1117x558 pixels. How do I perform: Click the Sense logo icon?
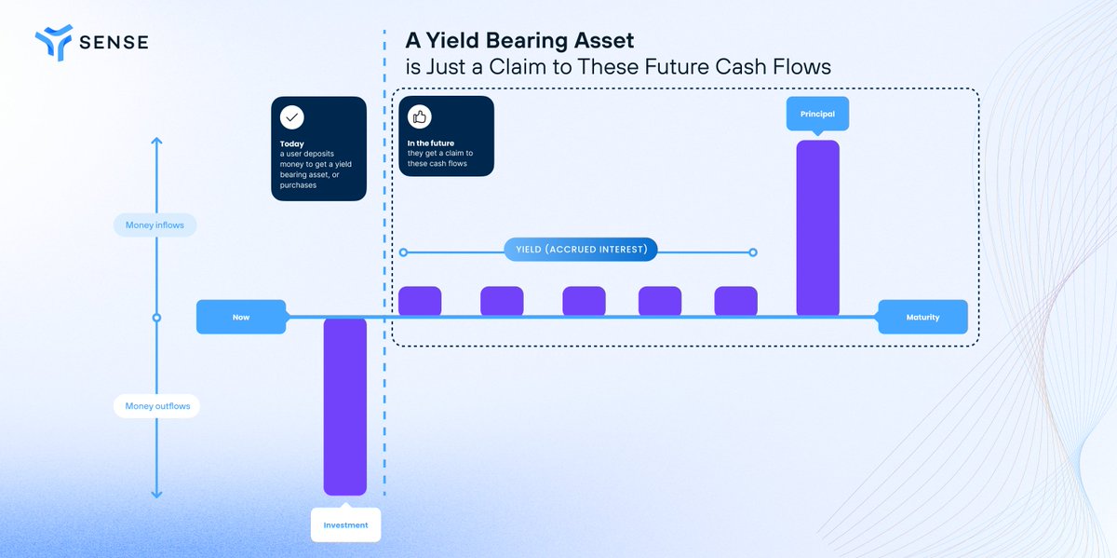pos(53,41)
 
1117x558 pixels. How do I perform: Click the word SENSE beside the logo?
pos(114,42)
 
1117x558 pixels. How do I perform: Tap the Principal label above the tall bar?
pos(817,114)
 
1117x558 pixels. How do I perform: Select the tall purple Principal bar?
pos(817,228)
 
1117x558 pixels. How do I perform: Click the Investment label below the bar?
pos(345,525)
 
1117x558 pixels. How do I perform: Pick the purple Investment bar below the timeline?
pos(345,406)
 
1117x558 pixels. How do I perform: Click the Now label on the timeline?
pos(241,318)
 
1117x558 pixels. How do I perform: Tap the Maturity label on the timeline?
pos(922,318)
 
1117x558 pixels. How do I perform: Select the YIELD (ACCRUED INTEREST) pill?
pos(581,250)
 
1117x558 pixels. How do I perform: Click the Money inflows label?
pos(155,225)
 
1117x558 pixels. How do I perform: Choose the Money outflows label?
pos(156,406)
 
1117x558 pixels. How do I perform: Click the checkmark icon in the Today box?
pos(292,118)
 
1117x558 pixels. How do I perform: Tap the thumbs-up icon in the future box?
pos(420,118)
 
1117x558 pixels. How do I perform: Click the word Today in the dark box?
pos(291,144)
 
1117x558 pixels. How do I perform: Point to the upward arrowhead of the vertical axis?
pos(156,141)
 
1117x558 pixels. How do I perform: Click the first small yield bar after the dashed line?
pos(420,301)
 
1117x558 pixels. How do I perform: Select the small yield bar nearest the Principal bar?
pos(735,301)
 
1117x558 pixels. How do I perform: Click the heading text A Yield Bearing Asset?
pos(519,41)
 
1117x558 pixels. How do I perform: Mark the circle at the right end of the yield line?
pos(753,252)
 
